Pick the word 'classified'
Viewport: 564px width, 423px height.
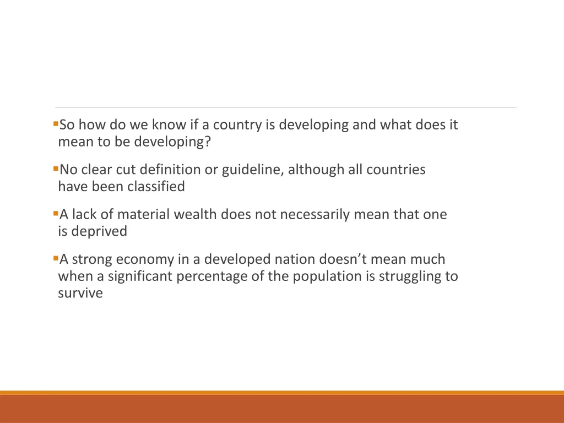pyautogui.click(x=156, y=187)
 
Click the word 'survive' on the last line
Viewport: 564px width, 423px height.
pyautogui.click(x=80, y=294)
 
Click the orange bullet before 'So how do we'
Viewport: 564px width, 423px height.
pyautogui.click(x=56, y=123)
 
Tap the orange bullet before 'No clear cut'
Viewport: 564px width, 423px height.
pyautogui.click(x=56, y=167)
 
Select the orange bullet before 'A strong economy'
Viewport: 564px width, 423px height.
pyautogui.click(x=56, y=257)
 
